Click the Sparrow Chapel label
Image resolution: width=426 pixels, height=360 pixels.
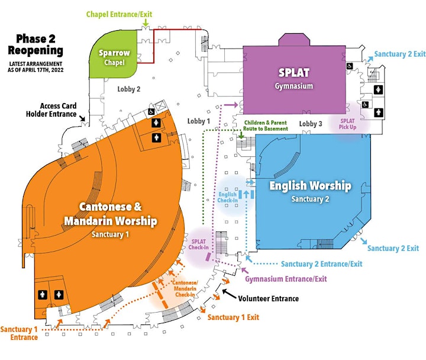tap(114, 57)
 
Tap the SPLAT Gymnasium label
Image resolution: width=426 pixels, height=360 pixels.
tap(293, 78)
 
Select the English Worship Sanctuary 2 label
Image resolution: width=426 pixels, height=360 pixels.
tap(310, 191)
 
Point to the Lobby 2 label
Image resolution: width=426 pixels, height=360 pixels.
tap(129, 89)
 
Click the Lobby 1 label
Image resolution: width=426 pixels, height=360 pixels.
tap(199, 121)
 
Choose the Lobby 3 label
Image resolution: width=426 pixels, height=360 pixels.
tap(311, 124)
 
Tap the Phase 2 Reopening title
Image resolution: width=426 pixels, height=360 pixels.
tap(35, 44)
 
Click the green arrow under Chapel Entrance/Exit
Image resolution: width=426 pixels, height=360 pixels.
tap(146, 23)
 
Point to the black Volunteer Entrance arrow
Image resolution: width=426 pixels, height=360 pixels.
tap(229, 294)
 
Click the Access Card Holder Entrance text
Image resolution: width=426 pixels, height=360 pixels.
tap(51, 110)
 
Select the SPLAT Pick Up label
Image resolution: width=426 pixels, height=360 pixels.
tap(347, 124)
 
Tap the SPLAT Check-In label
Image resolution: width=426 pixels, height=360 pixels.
tap(199, 244)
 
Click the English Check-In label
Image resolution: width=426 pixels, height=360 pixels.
tap(228, 197)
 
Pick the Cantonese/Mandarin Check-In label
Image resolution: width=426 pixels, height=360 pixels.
tap(185, 288)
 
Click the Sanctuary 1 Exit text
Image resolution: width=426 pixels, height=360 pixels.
tap(233, 317)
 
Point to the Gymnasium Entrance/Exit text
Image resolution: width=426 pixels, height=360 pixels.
tap(286, 279)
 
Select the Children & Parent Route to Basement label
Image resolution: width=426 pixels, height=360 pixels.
tap(266, 126)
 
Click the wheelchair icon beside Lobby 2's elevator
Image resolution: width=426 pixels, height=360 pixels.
tap(151, 111)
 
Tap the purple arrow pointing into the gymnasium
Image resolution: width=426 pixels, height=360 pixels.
tap(230, 104)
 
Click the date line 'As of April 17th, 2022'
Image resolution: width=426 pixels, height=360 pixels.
tap(35, 70)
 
